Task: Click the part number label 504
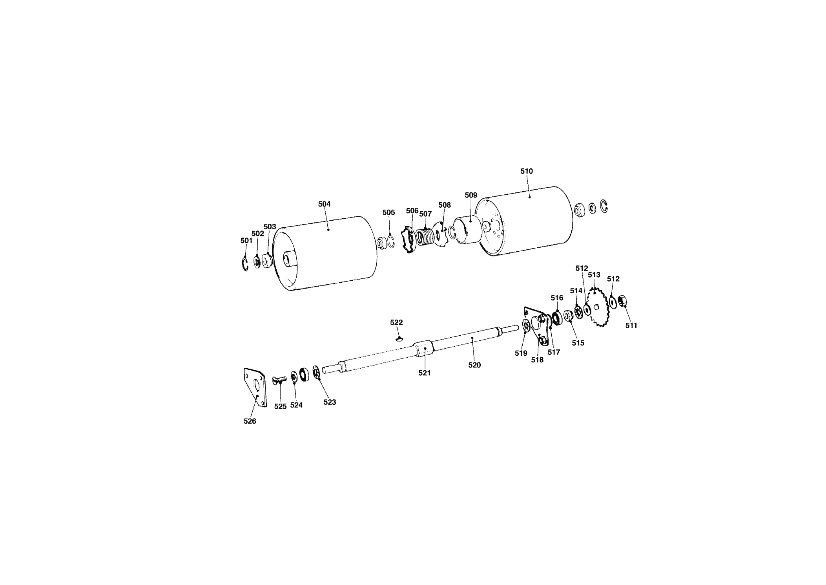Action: (324, 204)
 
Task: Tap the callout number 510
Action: (527, 171)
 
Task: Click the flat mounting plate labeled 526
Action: (255, 387)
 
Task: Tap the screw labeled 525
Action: (279, 380)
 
